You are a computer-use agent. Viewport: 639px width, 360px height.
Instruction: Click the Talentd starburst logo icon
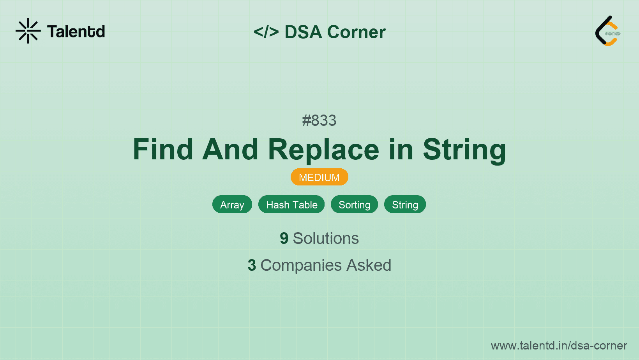pyautogui.click(x=28, y=31)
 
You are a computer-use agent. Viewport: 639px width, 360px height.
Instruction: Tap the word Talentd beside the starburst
pyautogui.click(x=76, y=32)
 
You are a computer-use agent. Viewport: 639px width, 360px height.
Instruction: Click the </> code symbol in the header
pyautogui.click(x=266, y=32)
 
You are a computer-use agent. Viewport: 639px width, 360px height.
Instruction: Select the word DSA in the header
pyautogui.click(x=303, y=32)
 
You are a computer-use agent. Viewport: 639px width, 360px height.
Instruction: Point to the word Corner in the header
pyautogui.click(x=356, y=32)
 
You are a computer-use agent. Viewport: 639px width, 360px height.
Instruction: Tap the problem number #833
pyautogui.click(x=319, y=120)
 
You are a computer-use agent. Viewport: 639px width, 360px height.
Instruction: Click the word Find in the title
pyautogui.click(x=163, y=149)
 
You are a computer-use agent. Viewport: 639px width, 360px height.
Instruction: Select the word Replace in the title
pyautogui.click(x=323, y=151)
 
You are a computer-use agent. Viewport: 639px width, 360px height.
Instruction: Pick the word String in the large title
pyautogui.click(x=464, y=151)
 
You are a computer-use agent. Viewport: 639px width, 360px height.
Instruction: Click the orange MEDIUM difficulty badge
pyautogui.click(x=319, y=177)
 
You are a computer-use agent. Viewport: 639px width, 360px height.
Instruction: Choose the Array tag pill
pyautogui.click(x=232, y=204)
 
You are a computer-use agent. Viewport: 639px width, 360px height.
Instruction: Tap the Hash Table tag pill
pyautogui.click(x=291, y=204)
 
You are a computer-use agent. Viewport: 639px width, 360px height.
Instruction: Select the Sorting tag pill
pyautogui.click(x=354, y=204)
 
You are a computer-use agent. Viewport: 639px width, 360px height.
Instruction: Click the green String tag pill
pyautogui.click(x=405, y=204)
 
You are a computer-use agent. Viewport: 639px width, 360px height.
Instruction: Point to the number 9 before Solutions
pyautogui.click(x=284, y=238)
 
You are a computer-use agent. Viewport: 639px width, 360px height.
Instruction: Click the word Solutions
pyautogui.click(x=326, y=238)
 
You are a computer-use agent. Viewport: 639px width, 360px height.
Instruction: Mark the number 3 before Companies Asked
pyautogui.click(x=252, y=265)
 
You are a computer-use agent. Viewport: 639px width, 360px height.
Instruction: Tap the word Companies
pyautogui.click(x=301, y=266)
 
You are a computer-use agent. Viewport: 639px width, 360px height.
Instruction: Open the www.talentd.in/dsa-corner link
pyautogui.click(x=559, y=346)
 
